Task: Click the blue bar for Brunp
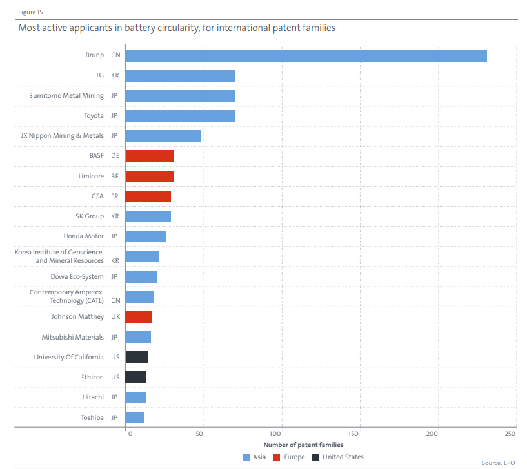(306, 56)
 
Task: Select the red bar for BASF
(150, 156)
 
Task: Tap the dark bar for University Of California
(137, 357)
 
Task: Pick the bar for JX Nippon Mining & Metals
(163, 136)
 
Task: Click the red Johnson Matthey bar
(139, 317)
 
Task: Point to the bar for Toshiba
(135, 417)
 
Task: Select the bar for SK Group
(148, 216)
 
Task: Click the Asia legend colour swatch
(246, 457)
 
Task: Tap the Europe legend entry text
(294, 457)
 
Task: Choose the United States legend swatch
(315, 457)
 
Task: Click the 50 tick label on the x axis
(199, 434)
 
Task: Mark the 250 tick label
(510, 434)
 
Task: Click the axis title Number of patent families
(303, 445)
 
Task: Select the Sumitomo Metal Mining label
(66, 96)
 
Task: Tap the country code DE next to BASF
(115, 156)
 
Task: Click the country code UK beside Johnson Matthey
(115, 316)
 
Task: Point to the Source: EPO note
(498, 463)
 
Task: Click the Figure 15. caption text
(31, 12)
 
